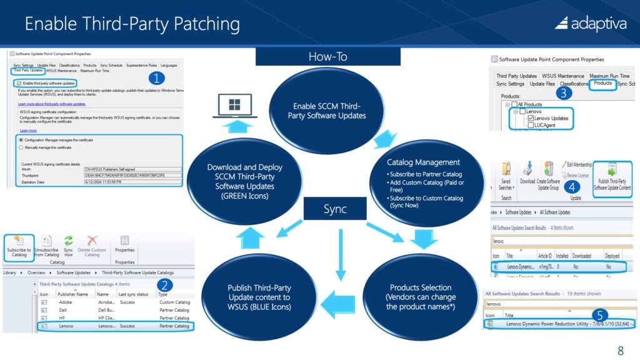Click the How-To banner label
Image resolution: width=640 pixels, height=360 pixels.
click(327, 56)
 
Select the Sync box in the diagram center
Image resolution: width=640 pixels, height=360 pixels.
click(335, 209)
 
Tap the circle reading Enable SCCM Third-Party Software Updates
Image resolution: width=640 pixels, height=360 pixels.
click(327, 111)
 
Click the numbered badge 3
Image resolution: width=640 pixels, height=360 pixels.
click(564, 94)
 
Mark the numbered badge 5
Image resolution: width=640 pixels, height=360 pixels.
click(599, 314)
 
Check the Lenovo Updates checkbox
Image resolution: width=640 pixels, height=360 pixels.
click(530, 118)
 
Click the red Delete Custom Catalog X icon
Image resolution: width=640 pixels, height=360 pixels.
click(92, 241)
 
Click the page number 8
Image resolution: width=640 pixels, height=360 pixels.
click(620, 351)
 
